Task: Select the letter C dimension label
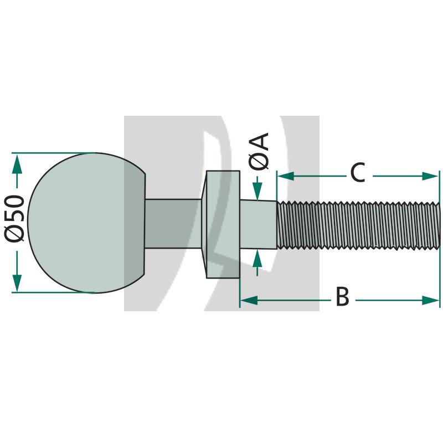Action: point(357,173)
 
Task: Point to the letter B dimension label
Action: point(342,297)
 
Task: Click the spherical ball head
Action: point(83,221)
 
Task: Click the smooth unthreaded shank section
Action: point(259,225)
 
